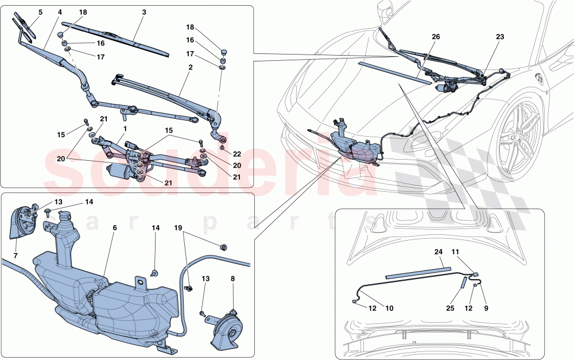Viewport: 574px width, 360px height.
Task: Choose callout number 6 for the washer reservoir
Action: tap(115, 228)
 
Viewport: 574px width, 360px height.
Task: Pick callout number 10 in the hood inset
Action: tap(390, 308)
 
